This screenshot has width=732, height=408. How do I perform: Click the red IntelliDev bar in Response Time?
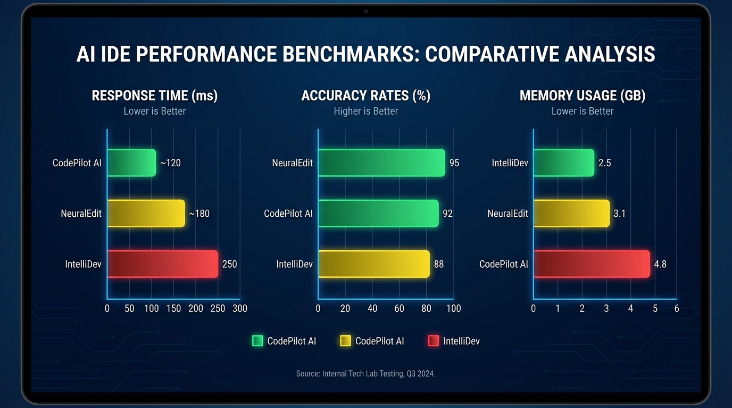click(163, 264)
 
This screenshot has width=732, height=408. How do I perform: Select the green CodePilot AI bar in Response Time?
click(131, 163)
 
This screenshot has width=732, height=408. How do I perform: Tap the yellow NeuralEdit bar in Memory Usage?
click(571, 214)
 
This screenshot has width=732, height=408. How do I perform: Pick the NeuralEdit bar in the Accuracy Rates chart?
click(381, 163)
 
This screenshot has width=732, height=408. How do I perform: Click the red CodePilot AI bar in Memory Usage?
click(592, 264)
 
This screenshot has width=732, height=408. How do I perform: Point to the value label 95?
click(454, 163)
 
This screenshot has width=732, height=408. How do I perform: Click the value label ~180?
click(199, 214)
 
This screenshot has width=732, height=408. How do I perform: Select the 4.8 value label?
click(660, 264)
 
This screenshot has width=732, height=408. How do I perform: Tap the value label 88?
click(438, 264)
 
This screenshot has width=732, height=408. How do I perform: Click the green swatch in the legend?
click(257, 341)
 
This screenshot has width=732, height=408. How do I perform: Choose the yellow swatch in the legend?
click(345, 341)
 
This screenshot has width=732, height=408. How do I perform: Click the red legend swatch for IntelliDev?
click(434, 341)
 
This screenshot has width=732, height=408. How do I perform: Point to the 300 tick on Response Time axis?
click(240, 309)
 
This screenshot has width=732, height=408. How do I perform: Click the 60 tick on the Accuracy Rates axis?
click(399, 309)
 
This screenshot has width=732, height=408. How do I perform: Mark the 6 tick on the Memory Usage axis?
click(676, 309)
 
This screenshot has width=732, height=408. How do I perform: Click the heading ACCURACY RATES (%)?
click(365, 96)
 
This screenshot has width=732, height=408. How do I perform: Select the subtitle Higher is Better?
click(365, 111)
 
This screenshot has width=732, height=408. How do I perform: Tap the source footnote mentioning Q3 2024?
click(365, 373)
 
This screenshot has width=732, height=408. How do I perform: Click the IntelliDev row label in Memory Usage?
click(510, 163)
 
